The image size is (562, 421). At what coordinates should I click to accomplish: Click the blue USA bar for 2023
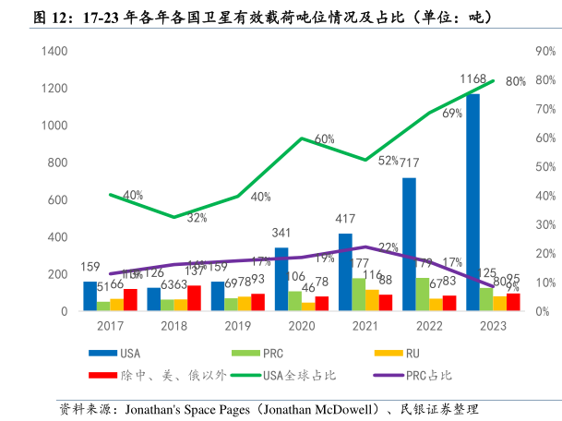pos(472,203)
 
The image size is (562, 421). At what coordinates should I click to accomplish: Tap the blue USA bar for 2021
pos(345,272)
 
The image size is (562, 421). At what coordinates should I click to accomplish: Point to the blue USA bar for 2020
pos(281,280)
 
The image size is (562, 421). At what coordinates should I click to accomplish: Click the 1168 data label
pos(473,79)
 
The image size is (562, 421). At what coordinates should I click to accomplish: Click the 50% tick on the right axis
pos(542,167)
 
